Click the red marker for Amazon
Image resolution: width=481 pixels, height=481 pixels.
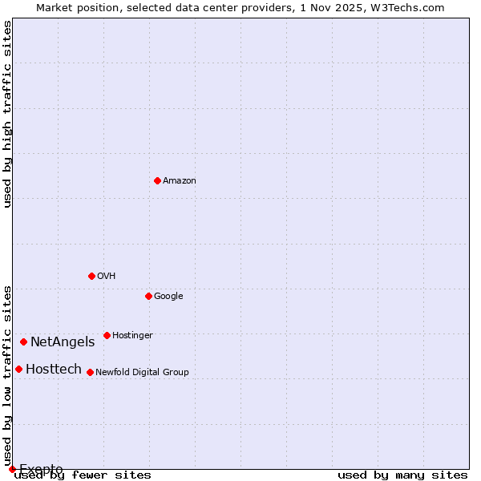tap(157, 180)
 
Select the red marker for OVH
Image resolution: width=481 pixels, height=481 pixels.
tap(91, 276)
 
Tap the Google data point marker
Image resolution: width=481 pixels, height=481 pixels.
tap(148, 296)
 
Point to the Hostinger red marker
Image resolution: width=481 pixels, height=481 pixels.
tap(107, 335)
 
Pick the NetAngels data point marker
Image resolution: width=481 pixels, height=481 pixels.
tap(23, 342)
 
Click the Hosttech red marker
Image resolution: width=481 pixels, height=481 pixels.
tap(18, 369)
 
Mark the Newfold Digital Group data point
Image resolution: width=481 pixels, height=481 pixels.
tap(90, 372)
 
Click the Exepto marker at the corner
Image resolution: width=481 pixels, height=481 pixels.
tap(12, 469)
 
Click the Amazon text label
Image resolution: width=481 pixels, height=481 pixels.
tap(180, 180)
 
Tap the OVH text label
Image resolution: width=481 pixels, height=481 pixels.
tap(107, 276)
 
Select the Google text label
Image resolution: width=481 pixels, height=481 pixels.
tap(168, 296)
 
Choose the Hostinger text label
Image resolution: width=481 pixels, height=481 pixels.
tap(132, 335)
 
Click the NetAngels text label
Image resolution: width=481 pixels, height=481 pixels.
tap(63, 342)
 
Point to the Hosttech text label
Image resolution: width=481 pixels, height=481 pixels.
tap(54, 370)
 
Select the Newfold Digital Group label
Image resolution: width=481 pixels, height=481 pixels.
tap(142, 372)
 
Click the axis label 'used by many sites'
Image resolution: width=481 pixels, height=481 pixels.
tap(402, 475)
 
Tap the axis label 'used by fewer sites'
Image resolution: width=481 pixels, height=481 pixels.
tap(83, 475)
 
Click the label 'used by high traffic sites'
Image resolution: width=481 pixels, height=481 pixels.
tap(7, 114)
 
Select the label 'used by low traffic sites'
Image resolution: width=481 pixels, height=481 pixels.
tap(7, 375)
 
